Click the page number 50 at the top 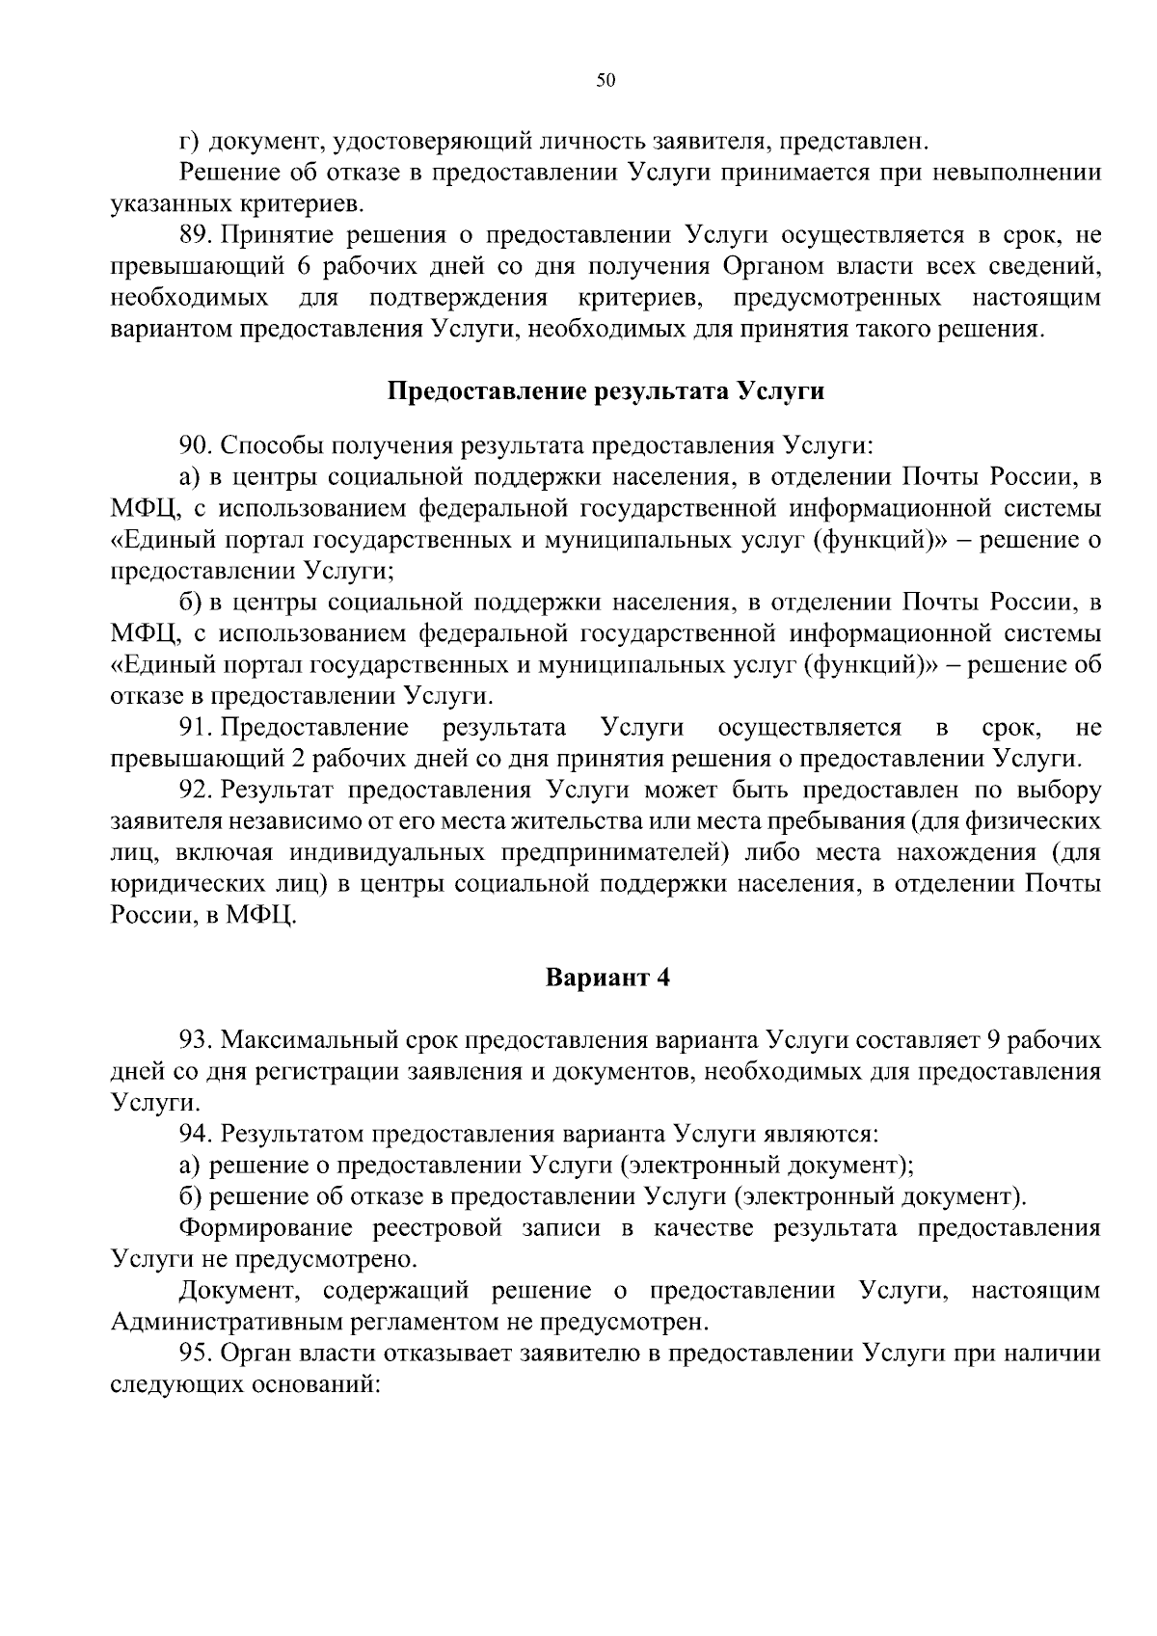point(605,81)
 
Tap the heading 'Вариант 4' point(606,978)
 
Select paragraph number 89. point(196,235)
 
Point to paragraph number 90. point(196,445)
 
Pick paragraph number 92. point(196,790)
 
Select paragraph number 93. point(196,1040)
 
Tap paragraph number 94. point(196,1134)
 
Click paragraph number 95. point(196,1354)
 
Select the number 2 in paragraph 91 point(297,758)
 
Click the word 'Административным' point(241,1322)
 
